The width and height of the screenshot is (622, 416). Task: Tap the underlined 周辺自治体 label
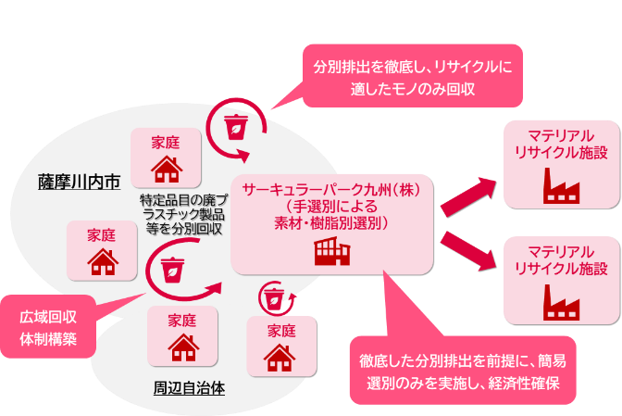point(189,388)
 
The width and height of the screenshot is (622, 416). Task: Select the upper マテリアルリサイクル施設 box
point(560,163)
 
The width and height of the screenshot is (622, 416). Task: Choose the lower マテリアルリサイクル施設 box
point(560,279)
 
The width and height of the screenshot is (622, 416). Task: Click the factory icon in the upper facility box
point(561,189)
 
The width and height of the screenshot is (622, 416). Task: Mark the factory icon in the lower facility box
point(561,302)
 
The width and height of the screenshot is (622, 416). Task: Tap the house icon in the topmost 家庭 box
point(166,170)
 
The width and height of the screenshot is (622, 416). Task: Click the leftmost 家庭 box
point(102,250)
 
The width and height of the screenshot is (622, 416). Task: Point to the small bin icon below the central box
point(274,298)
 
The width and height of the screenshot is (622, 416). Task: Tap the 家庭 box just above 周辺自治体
point(182,336)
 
